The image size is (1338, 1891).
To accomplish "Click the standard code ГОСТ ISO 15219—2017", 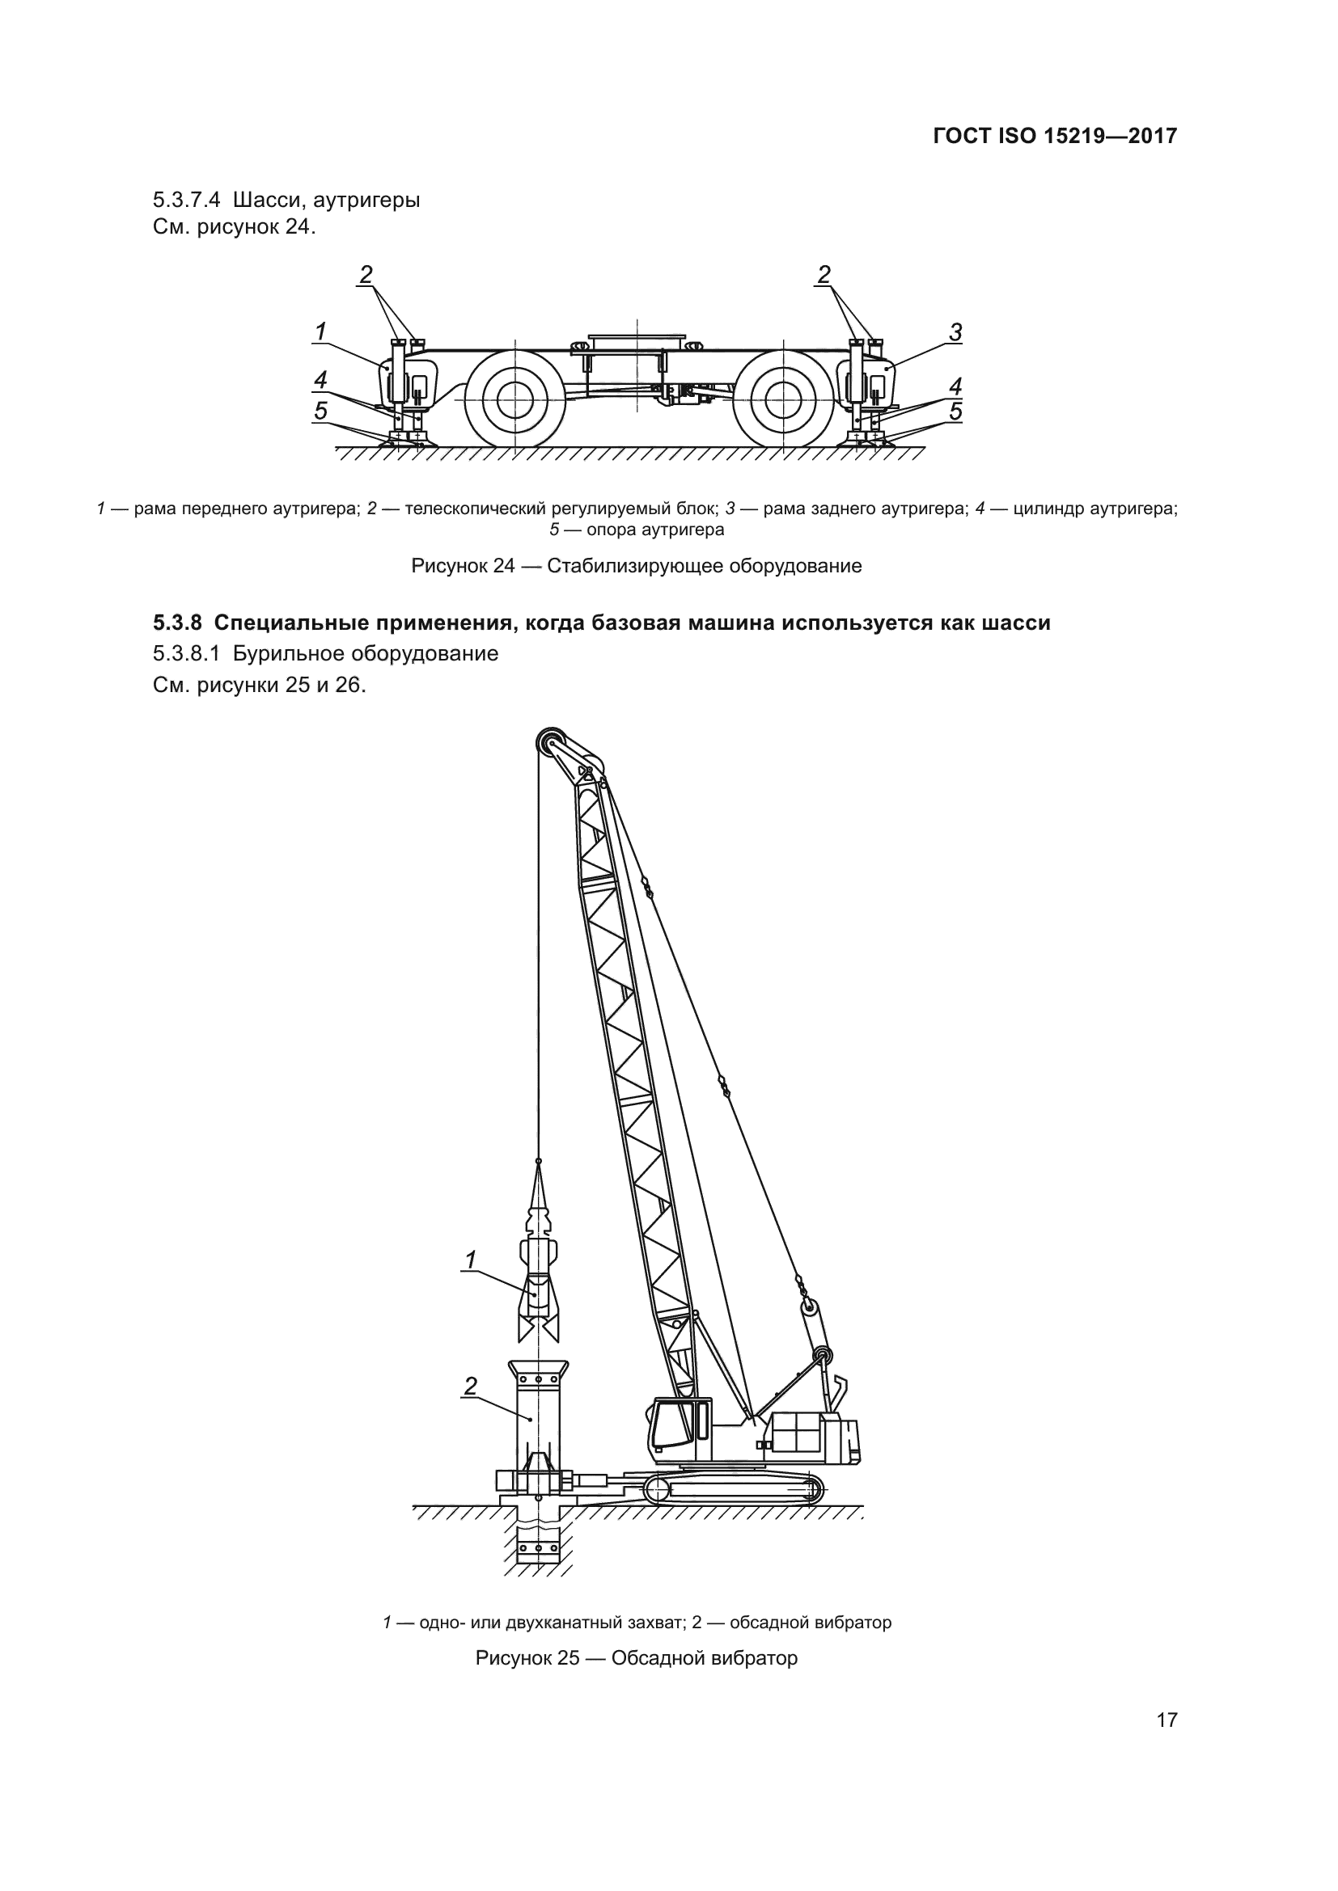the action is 1055,136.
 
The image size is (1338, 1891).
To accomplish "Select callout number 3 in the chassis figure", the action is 955,332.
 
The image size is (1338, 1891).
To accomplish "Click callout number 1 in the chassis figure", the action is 320,331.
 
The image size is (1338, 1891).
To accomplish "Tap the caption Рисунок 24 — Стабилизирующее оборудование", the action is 636,566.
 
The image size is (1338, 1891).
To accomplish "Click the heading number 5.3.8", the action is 177,623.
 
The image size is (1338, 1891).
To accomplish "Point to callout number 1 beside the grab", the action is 471,1260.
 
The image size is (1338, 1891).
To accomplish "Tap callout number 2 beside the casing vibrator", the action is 471,1387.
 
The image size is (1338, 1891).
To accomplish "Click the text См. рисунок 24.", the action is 234,226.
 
